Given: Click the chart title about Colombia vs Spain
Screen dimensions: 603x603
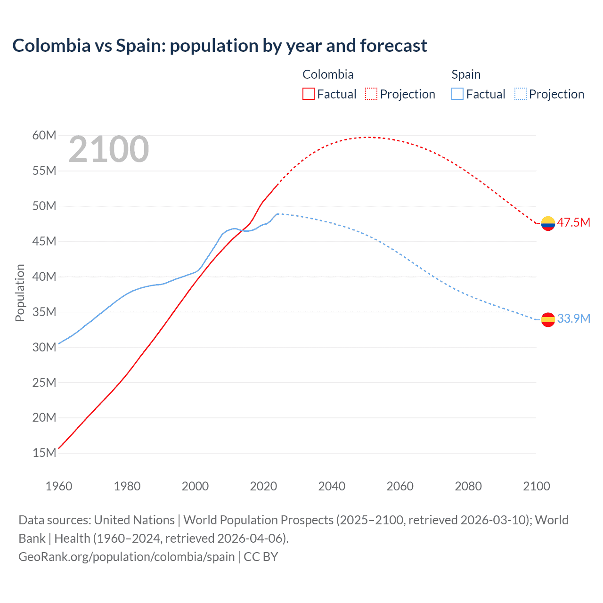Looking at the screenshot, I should pos(220,46).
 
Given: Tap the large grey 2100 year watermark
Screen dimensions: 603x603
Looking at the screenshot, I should pos(109,149).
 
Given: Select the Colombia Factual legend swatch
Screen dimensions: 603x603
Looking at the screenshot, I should pos(308,94).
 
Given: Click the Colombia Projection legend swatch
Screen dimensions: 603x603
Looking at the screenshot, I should pos(371,94).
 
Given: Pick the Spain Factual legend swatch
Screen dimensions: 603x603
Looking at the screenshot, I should pos(457,94).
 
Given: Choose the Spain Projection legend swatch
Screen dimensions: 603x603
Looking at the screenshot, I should pos(520,94).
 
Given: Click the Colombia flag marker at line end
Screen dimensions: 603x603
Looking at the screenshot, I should pos(548,223).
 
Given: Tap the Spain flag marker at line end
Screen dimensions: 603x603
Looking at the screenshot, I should pos(548,319).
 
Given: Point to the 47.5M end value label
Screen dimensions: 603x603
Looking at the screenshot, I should pos(573,222).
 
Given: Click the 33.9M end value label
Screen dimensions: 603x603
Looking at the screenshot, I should pos(573,318).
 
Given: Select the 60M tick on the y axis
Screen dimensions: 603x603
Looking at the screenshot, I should pos(44,136).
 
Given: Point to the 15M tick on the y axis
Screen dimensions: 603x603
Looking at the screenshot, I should pos(44,453).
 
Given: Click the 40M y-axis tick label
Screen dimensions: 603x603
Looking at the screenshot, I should pos(44,277).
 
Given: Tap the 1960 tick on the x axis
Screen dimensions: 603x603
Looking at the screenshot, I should pos(59,486).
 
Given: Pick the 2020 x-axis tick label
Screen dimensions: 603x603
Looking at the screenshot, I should pos(263,486).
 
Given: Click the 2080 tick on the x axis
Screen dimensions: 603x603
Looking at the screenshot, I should pos(468,486).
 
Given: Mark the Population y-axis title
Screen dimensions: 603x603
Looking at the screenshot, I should pos(20,293).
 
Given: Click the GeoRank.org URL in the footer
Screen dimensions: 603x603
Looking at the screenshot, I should pos(126,557).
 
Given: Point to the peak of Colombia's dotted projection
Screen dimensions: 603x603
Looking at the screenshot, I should pos(368,137).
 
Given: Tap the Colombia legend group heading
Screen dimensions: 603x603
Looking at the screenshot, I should pos(328,74).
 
